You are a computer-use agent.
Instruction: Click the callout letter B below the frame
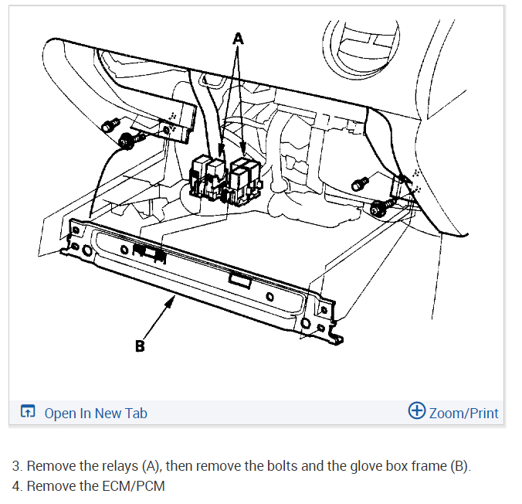140,346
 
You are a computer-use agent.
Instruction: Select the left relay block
207,176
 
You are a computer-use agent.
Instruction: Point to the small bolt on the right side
358,183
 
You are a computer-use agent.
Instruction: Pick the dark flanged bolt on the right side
380,206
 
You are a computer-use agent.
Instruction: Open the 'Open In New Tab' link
96,413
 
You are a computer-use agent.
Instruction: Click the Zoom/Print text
463,413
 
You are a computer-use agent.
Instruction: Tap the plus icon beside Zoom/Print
416,412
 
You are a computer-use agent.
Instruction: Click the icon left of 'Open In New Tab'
28,413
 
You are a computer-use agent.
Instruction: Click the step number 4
16,486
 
